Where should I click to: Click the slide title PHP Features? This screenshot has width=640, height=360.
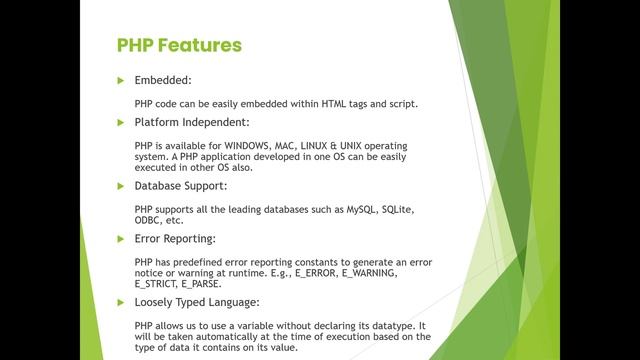point(179,45)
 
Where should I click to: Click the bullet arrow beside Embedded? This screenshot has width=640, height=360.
point(121,80)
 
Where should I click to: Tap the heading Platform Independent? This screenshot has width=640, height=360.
point(191,122)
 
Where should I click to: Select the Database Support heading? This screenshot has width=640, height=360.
point(181,185)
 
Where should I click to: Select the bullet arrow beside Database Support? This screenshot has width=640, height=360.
point(121,185)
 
